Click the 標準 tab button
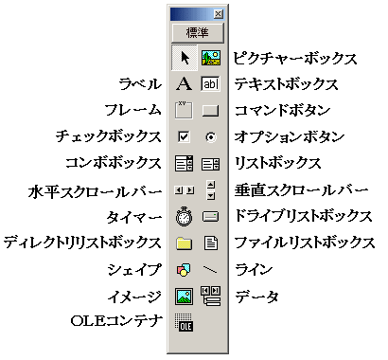click(197, 31)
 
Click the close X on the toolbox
click(219, 13)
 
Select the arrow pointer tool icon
click(185, 58)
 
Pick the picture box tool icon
click(210, 58)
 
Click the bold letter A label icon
click(185, 84)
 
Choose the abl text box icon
click(210, 84)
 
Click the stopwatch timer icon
click(185, 217)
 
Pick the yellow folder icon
click(185, 243)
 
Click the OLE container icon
click(185, 323)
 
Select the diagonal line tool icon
click(210, 270)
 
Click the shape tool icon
click(185, 270)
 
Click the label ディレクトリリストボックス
click(83, 243)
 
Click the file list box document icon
click(210, 243)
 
